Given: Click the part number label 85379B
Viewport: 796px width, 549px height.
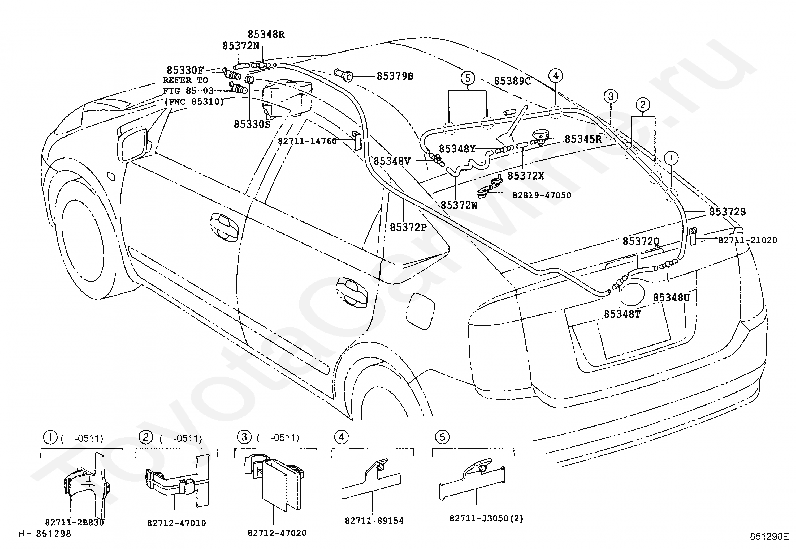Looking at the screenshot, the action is (x=395, y=76).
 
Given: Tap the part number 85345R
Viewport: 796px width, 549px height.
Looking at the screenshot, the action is (x=583, y=139).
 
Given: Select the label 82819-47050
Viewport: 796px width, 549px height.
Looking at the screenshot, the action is (x=541, y=195).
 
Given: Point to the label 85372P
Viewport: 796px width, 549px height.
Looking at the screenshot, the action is (x=408, y=227).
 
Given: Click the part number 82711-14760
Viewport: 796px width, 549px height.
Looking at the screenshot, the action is (x=307, y=141).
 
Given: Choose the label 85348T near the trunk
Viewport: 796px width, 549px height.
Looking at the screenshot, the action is (x=622, y=314).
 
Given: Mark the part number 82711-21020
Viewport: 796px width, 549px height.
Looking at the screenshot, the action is (x=747, y=240).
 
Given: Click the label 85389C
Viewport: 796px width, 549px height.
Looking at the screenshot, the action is (x=512, y=81).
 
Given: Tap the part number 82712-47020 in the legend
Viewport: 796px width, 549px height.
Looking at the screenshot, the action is (x=277, y=533).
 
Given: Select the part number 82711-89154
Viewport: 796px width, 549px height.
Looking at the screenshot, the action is (x=374, y=521).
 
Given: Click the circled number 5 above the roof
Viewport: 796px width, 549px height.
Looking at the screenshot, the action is (x=467, y=78).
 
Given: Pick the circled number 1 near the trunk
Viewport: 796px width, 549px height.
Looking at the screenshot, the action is (x=671, y=158).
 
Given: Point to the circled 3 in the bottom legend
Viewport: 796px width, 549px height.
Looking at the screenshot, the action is (x=244, y=437).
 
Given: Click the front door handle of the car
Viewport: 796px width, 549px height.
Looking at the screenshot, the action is (x=224, y=227).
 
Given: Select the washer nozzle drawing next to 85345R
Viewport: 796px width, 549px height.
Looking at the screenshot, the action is (x=540, y=136).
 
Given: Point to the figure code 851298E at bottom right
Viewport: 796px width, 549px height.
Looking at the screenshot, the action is (x=769, y=536).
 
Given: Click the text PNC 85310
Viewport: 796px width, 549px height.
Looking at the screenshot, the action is (x=194, y=102).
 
